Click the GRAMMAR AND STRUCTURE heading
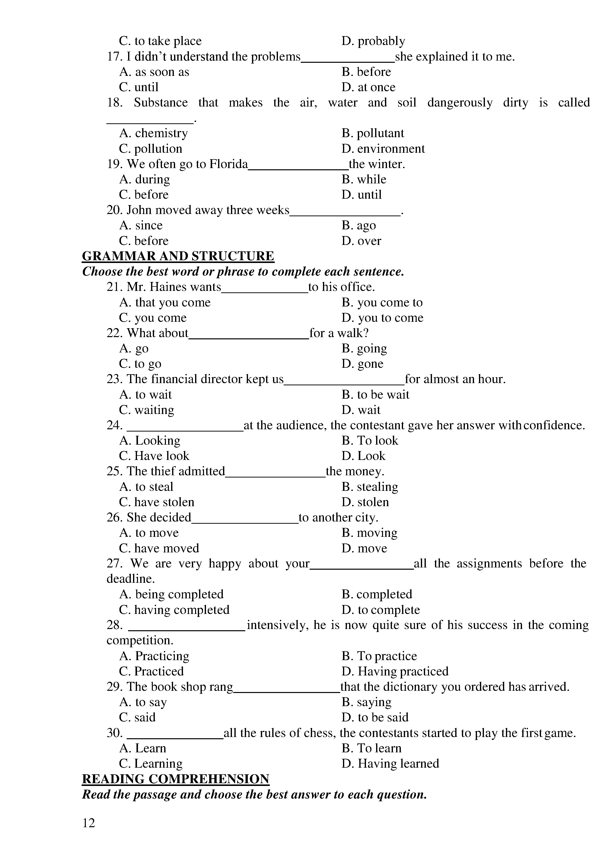pos(178,256)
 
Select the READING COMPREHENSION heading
pos(176,779)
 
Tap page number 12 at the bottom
pos(89,823)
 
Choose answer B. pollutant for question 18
pos(373,133)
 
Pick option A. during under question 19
pos(145,179)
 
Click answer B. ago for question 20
pos(359,225)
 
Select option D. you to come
pos(382,318)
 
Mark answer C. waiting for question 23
pos(147,410)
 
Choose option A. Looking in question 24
pos(150,441)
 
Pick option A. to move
pos(149,533)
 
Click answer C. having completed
pos(174,610)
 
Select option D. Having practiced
pos(395,672)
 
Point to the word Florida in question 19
pos(228,164)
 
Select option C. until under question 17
pos(139,87)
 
